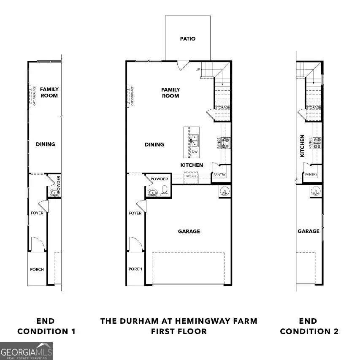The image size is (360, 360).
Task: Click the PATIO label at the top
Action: pyautogui.click(x=187, y=39)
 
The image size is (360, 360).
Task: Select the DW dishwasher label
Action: pyautogui.click(x=195, y=152)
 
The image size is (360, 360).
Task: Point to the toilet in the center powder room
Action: pyautogui.click(x=164, y=191)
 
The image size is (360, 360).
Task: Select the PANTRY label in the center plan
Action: pyautogui.click(x=220, y=175)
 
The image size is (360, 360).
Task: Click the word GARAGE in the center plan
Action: pyautogui.click(x=189, y=231)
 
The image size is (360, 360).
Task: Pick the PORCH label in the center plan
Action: pyautogui.click(x=135, y=269)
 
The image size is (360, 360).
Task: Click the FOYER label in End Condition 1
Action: pyautogui.click(x=37, y=213)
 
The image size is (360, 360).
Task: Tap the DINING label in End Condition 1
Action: pyautogui.click(x=45, y=144)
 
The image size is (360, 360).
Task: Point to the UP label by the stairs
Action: pyautogui.click(x=198, y=69)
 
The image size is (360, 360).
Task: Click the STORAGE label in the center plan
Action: pyautogui.click(x=222, y=108)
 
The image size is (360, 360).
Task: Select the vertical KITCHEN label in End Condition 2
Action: pyautogui.click(x=302, y=146)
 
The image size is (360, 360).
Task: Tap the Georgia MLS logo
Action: pyautogui.click(x=27, y=351)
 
